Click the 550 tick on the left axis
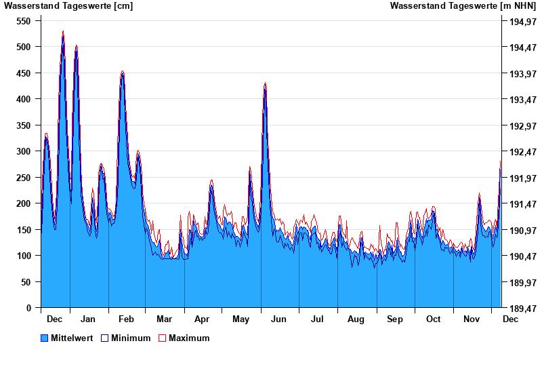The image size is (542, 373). click(x=24, y=21)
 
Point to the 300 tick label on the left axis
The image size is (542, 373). click(x=24, y=151)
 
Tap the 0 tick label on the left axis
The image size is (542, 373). click(x=28, y=308)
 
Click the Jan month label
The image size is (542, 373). click(x=87, y=319)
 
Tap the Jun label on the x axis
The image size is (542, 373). click(x=278, y=319)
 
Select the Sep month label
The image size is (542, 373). click(x=395, y=319)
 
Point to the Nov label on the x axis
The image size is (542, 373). click(x=472, y=319)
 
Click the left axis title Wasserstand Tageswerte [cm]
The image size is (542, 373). click(x=68, y=6)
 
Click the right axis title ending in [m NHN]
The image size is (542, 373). click(x=463, y=6)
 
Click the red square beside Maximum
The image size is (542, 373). click(x=162, y=338)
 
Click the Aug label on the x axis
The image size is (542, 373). click(x=356, y=319)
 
